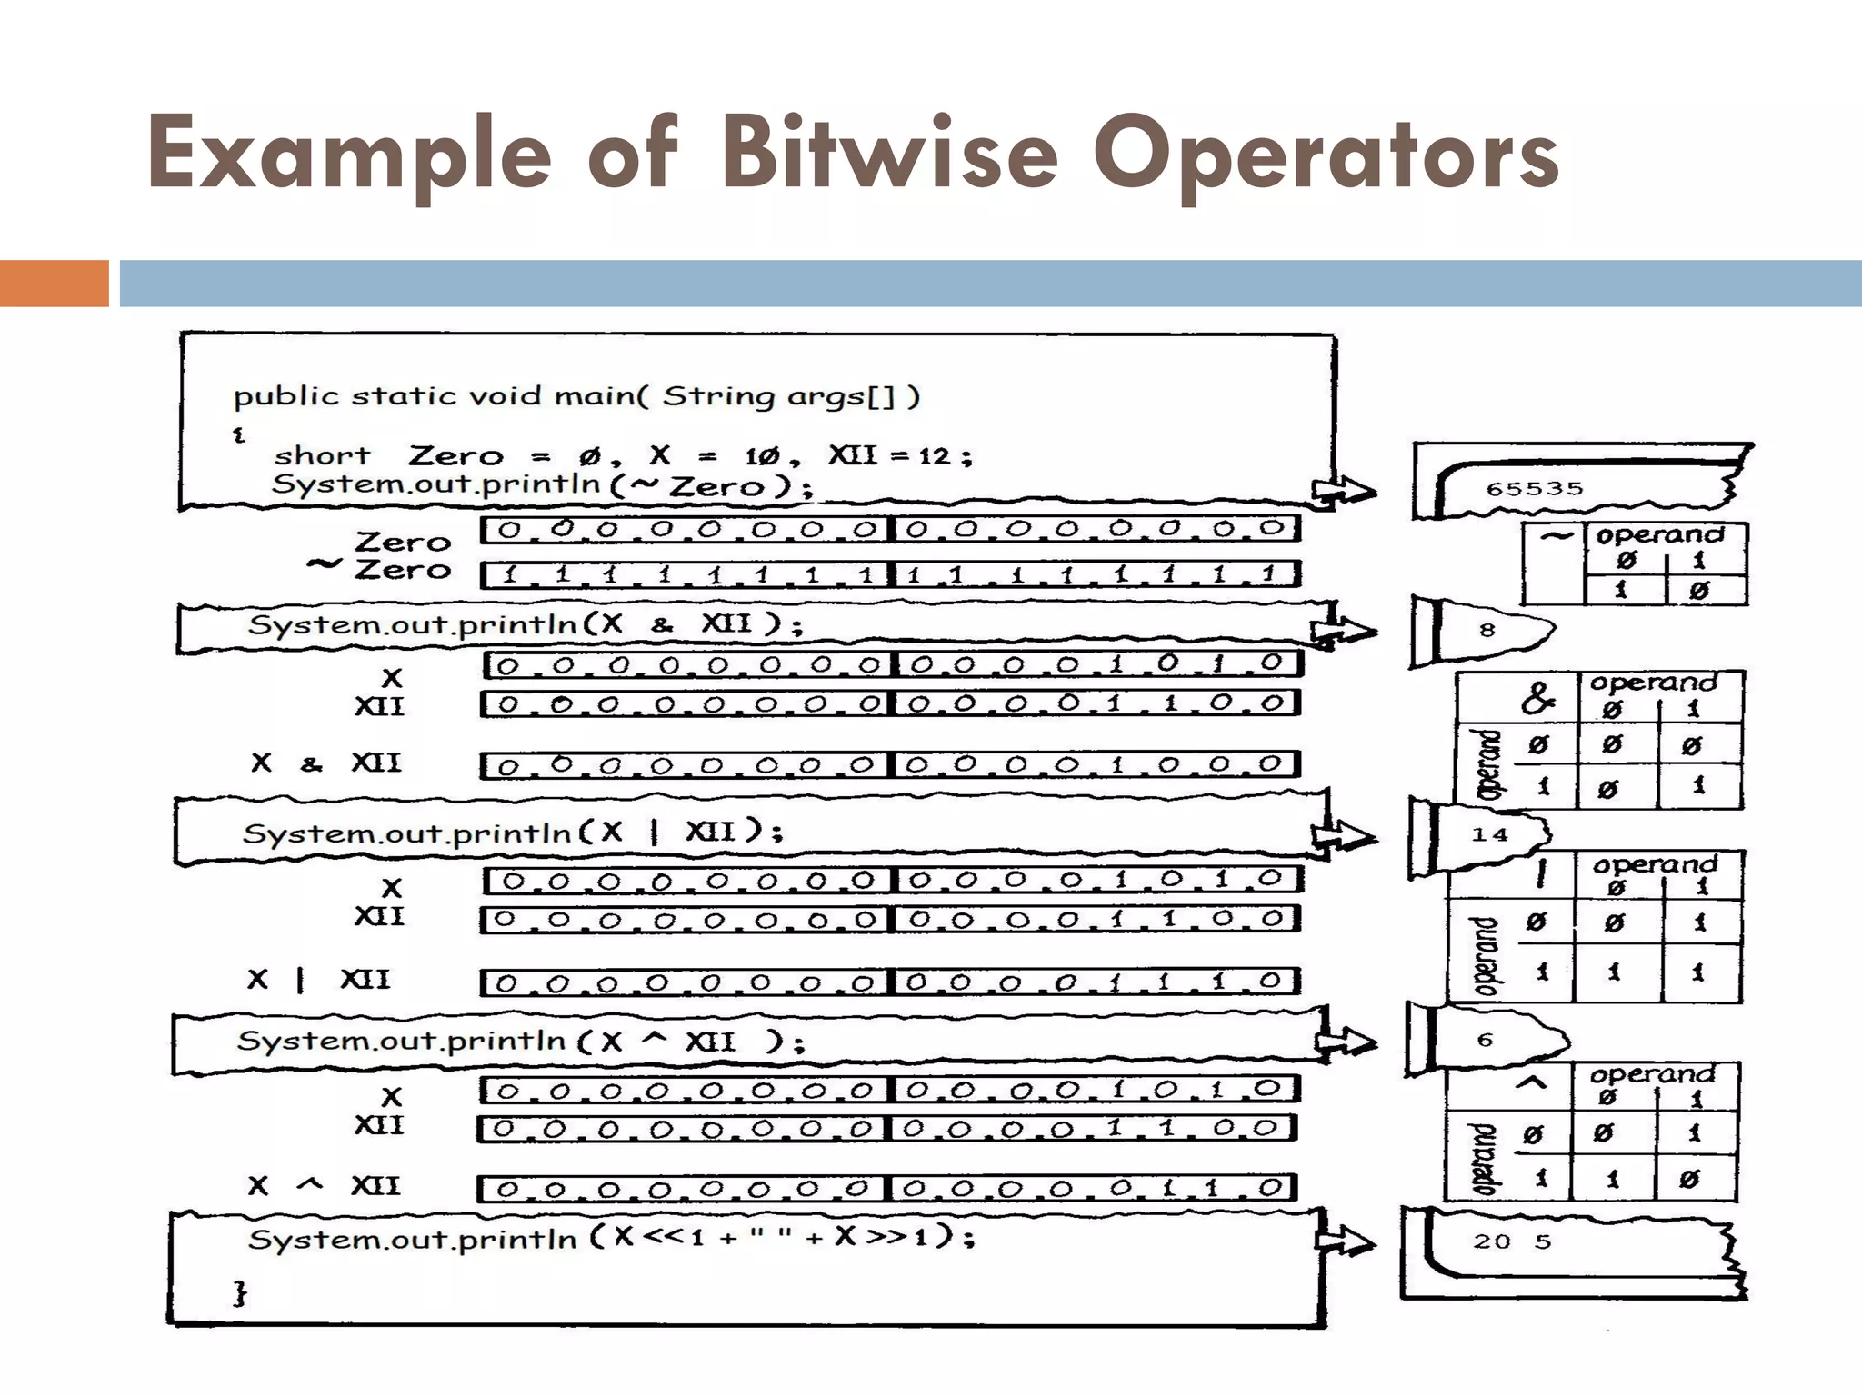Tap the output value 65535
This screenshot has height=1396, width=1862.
1535,489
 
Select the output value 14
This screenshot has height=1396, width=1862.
1489,834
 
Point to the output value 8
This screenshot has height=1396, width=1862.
1487,630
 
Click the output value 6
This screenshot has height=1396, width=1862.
1486,1040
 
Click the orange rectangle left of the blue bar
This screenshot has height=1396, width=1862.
54,284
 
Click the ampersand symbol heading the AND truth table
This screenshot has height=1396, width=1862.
1537,698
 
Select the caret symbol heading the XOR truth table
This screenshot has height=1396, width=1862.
1532,1082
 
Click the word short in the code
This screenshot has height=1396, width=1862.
322,455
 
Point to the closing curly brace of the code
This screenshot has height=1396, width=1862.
240,1291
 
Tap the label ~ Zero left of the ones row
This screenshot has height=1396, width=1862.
380,569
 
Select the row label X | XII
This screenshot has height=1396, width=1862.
318,980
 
